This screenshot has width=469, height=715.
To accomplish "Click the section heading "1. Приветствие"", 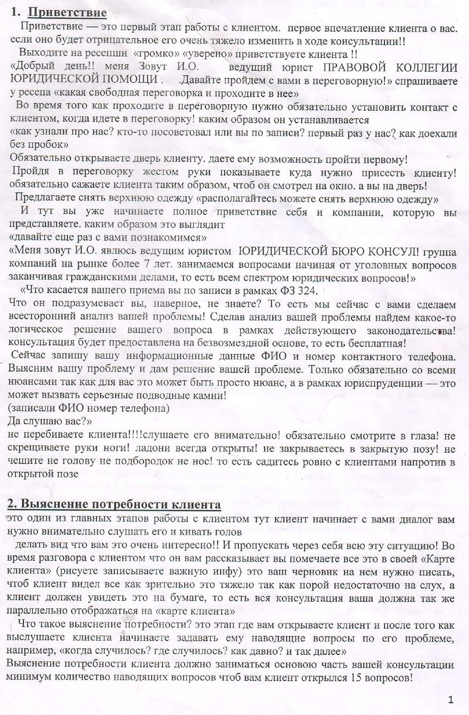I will pyautogui.click(x=58, y=12).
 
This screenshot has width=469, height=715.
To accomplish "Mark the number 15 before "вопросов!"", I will pyautogui.click(x=356, y=678).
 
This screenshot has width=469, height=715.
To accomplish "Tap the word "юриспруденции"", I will pyautogui.click(x=387, y=383).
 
